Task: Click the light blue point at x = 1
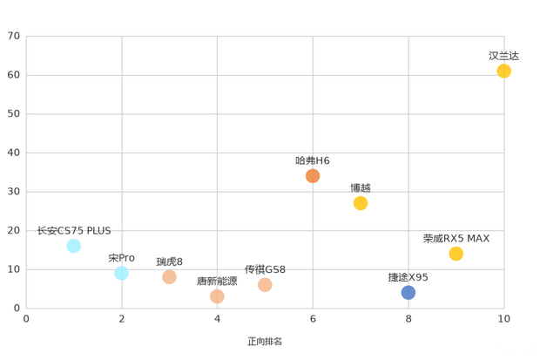pos(74,246)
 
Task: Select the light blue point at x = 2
pos(121,274)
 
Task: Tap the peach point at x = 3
pos(169,277)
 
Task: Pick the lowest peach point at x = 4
pos(217,296)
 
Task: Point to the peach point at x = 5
pos(265,285)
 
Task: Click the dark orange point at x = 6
pos(313,176)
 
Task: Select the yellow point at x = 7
pos(361,203)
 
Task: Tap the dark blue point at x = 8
pos(408,292)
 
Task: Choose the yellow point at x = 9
pos(456,254)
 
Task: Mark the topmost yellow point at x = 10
pos(503,71)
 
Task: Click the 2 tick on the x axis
pos(122,320)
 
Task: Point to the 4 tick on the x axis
pos(217,320)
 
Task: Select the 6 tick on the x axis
pos(313,320)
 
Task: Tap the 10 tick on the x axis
pos(503,320)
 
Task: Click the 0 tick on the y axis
pos(17,308)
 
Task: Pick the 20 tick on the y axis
pos(14,230)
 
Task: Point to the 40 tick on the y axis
pos(14,153)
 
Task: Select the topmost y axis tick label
pos(14,37)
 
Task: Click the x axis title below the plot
pos(265,341)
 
